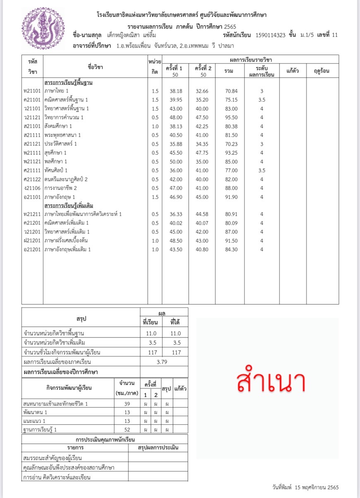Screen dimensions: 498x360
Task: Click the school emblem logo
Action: coord(38,28)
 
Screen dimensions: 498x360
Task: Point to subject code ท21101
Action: coord(32,91)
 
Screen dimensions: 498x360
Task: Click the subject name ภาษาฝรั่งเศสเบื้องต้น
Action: coord(66,241)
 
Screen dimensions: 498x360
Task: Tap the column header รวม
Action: coord(228,71)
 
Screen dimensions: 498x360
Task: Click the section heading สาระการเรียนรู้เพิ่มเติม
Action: coord(68,205)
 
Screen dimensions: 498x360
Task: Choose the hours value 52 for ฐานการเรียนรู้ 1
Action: coord(127,430)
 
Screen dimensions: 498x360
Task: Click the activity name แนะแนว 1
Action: coord(35,421)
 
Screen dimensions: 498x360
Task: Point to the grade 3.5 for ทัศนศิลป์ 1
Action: coord(262,170)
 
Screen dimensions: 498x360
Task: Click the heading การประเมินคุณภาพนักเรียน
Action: coord(105,439)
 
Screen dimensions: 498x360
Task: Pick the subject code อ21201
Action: coord(32,249)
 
